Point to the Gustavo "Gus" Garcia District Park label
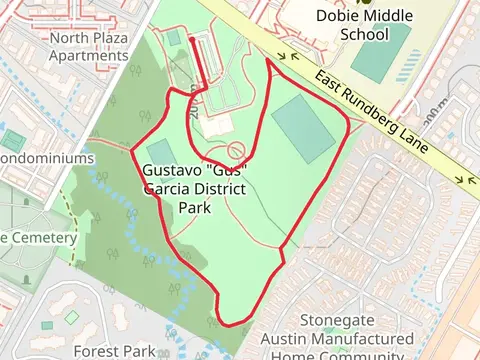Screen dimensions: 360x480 [195, 190]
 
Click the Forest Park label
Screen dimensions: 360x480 [115, 351]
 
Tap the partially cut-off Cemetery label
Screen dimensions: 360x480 [38, 238]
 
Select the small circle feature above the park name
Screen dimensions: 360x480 [236, 151]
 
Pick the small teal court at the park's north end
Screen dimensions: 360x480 [174, 38]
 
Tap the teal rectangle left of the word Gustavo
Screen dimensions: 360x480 [157, 156]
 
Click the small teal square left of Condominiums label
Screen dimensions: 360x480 [13, 140]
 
